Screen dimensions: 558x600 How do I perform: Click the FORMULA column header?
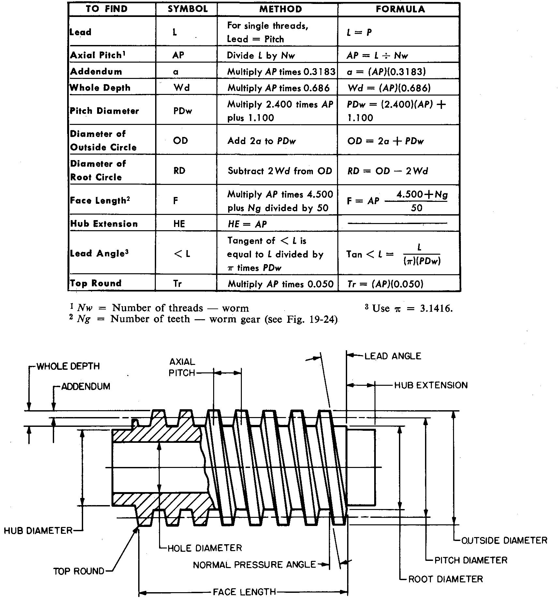pyautogui.click(x=400, y=9)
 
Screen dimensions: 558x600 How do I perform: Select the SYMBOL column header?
pyautogui.click(x=188, y=9)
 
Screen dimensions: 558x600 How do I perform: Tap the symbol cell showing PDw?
pyautogui.click(x=183, y=111)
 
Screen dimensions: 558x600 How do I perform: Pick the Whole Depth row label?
pyautogui.click(x=100, y=88)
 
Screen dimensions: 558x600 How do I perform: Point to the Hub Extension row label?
pyautogui.click(x=104, y=224)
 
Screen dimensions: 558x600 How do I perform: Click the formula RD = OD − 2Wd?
pyautogui.click(x=388, y=171)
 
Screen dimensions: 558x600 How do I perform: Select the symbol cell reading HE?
pyautogui.click(x=179, y=224)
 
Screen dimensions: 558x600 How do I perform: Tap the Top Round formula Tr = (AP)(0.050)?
pyautogui.click(x=385, y=284)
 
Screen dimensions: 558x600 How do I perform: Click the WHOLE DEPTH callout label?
pyautogui.click(x=68, y=366)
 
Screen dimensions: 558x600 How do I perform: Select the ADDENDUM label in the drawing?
pyautogui.click(x=86, y=386)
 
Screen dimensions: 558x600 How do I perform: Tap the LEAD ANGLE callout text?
pyautogui.click(x=393, y=356)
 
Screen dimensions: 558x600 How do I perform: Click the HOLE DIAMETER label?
pyautogui.click(x=205, y=548)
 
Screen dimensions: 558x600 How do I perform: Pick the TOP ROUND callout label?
pyautogui.click(x=79, y=571)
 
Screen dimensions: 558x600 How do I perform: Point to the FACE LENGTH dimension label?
pyautogui.click(x=244, y=592)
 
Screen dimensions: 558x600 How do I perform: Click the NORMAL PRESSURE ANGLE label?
pyautogui.click(x=255, y=565)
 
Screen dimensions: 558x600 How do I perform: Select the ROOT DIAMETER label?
pyautogui.click(x=446, y=579)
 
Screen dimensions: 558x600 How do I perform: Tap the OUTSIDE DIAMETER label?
pyautogui.click(x=505, y=540)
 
